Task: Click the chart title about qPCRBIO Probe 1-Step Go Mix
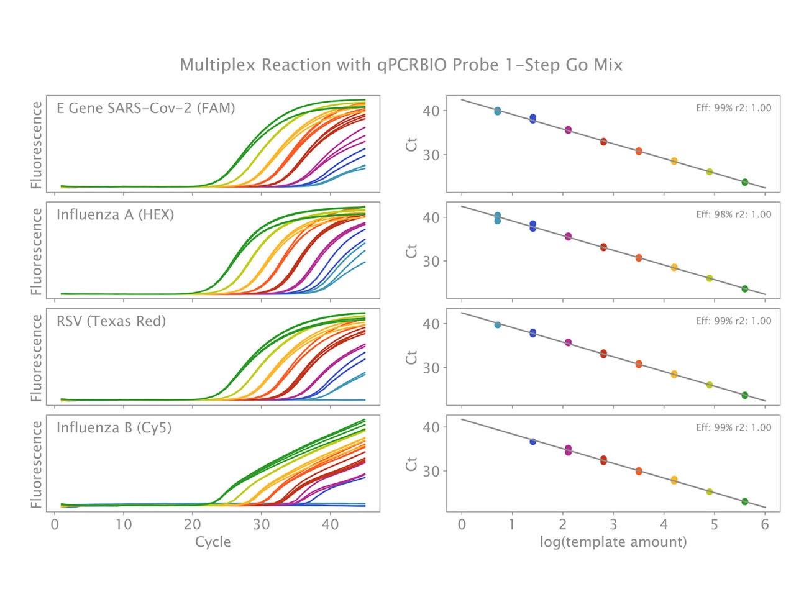tap(401, 65)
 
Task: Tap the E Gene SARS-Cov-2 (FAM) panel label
tap(145, 108)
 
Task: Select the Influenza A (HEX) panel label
tap(115, 215)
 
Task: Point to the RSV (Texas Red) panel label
tap(111, 321)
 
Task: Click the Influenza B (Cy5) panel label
tap(114, 427)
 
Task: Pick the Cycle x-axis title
tap(213, 542)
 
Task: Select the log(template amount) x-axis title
tap(613, 542)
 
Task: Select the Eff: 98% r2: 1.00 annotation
tap(733, 214)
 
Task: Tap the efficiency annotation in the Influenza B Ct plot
tap(733, 427)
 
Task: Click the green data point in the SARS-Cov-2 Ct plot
tap(744, 182)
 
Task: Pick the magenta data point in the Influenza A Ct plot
tap(568, 237)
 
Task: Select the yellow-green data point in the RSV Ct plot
tap(709, 385)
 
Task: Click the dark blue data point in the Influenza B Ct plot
tap(532, 442)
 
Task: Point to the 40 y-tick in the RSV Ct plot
tap(431, 324)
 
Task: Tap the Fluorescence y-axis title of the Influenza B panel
tap(37, 464)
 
